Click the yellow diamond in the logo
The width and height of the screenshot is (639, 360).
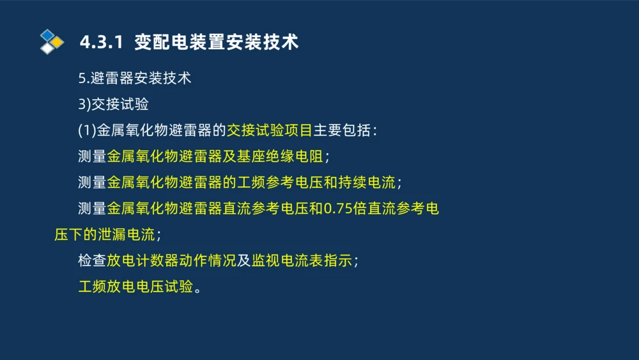tap(58, 42)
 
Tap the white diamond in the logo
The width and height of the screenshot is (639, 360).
tap(48, 48)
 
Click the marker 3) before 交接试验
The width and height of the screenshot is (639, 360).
tap(84, 105)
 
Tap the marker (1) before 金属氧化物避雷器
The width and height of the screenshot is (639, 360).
tap(87, 130)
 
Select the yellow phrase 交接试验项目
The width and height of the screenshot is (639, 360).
tap(269, 130)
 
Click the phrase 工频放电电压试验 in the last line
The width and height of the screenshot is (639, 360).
tap(135, 286)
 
